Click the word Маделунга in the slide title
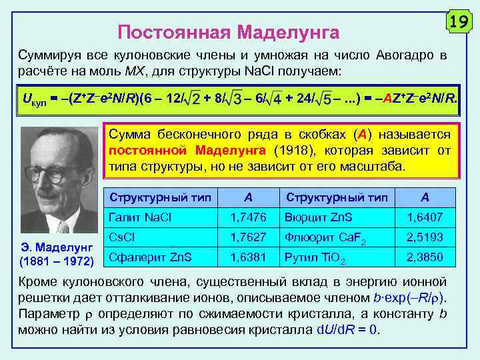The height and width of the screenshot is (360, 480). pos(289,32)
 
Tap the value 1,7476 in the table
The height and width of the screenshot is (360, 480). pos(248,218)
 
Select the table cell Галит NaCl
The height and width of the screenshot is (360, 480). pos(139,218)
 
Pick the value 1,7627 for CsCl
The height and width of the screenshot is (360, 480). pos(248,237)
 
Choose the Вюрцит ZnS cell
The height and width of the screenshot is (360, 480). pos(317,218)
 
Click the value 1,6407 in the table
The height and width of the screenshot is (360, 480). pos(424,218)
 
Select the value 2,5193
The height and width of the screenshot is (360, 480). pos(424,237)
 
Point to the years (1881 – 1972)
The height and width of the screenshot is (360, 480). pos(57,259)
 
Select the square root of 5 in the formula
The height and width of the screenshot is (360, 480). pos(325,100)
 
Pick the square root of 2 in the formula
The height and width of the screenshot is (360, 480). pos(193,100)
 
